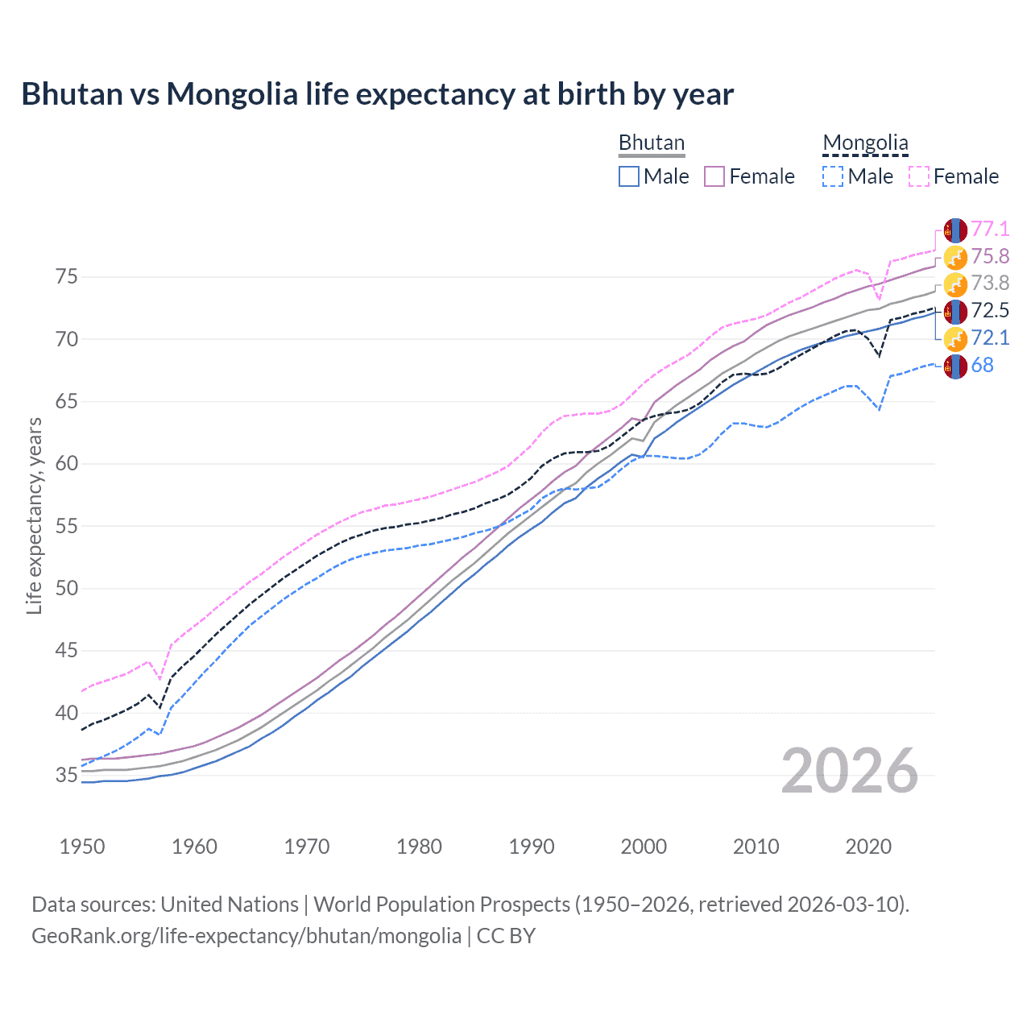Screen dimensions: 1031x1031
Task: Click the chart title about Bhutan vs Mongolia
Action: click(x=377, y=94)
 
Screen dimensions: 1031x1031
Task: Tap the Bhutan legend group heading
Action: click(x=651, y=143)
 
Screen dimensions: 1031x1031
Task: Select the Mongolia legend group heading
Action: click(x=865, y=143)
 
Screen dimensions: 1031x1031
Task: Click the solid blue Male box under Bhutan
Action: click(x=629, y=176)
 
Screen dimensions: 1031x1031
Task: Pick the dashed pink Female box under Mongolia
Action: click(x=919, y=176)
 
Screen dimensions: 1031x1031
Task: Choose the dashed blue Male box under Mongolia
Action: click(x=833, y=176)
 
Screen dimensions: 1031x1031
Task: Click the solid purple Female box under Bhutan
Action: click(x=714, y=176)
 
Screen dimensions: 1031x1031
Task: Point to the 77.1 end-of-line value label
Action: click(x=990, y=230)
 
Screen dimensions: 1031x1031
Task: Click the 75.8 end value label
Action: click(x=990, y=256)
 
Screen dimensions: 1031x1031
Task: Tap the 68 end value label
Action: click(x=982, y=366)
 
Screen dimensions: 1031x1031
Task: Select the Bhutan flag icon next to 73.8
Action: click(x=955, y=284)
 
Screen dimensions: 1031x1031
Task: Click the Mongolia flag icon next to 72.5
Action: click(x=955, y=311)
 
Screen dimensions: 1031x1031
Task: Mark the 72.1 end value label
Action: click(x=990, y=338)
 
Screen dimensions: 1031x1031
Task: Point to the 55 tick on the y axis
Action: click(x=67, y=527)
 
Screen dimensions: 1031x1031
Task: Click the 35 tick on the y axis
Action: click(x=67, y=776)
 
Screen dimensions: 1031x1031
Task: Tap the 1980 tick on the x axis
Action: click(x=419, y=847)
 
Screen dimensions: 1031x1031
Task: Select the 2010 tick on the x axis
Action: click(x=756, y=847)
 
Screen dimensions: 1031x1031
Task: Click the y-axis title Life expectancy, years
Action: click(x=35, y=515)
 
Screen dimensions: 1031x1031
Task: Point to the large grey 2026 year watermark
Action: click(x=849, y=772)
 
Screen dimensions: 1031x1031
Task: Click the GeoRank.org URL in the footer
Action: click(x=246, y=936)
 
